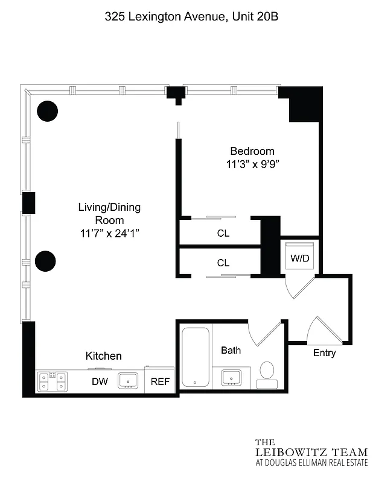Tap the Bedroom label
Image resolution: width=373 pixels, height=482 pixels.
[x=252, y=151]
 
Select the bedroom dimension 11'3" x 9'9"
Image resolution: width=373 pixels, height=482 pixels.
[x=252, y=164]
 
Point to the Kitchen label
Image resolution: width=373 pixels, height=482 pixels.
[x=103, y=356]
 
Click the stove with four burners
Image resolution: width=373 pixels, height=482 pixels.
[x=51, y=381]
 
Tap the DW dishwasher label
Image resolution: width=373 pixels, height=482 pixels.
[x=100, y=381]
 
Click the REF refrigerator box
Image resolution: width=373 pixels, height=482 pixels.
[x=159, y=381]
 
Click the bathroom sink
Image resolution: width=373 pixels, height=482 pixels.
[x=231, y=378]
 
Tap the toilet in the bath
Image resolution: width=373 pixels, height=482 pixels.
[x=267, y=373]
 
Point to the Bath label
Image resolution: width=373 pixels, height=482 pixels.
[x=231, y=350]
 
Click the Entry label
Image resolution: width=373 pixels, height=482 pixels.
[x=324, y=353]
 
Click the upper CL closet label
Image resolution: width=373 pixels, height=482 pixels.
[x=223, y=233]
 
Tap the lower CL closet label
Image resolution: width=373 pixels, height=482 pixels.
[x=223, y=263]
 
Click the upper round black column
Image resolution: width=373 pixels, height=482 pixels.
[x=47, y=110]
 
